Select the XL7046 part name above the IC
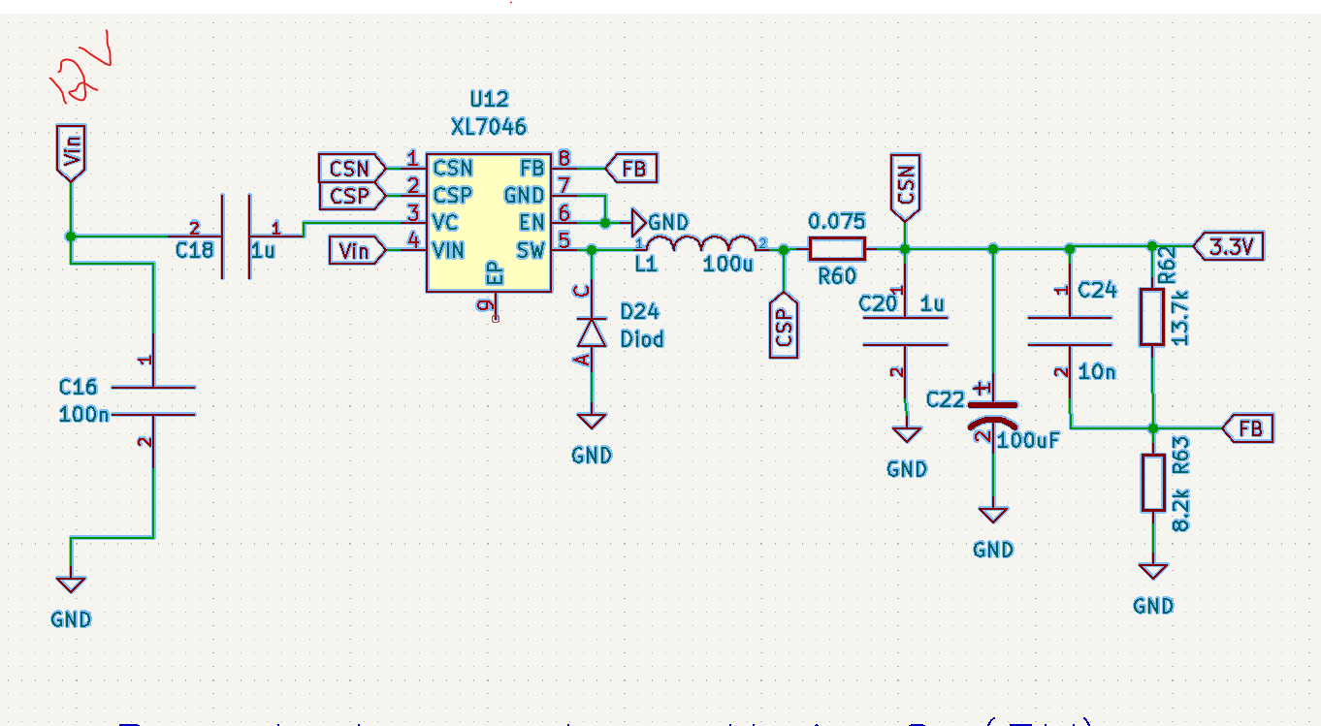click(489, 127)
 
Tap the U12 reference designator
click(489, 100)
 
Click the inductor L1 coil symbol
click(699, 244)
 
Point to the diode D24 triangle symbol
click(591, 331)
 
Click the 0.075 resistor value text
click(836, 222)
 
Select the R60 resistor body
click(836, 249)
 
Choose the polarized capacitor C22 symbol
click(993, 414)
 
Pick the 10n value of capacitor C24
click(1097, 371)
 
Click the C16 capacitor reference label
click(78, 388)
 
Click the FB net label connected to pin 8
click(632, 169)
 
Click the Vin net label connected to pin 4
click(356, 251)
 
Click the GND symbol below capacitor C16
click(71, 584)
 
